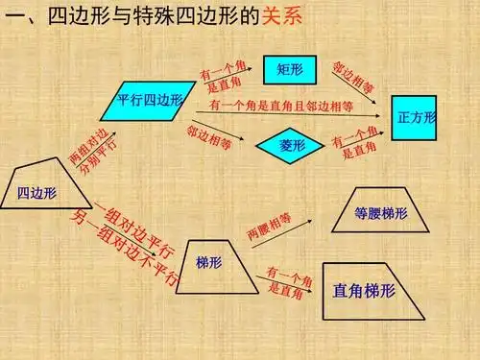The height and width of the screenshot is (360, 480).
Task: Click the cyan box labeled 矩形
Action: (x=290, y=68)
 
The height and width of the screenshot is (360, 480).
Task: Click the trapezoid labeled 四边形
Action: (x=38, y=191)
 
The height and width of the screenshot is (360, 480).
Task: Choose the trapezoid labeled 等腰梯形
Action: (x=381, y=212)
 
